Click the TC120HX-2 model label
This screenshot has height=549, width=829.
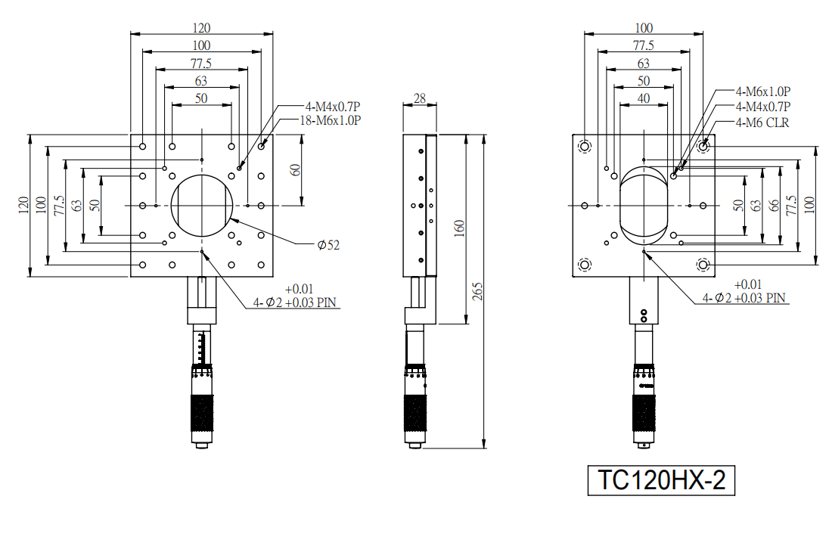pyautogui.click(x=661, y=480)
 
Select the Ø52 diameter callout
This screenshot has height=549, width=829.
pyautogui.click(x=328, y=245)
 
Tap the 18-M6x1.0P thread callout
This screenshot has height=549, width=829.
pyautogui.click(x=331, y=120)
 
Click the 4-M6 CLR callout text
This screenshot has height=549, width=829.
pyautogui.click(x=762, y=123)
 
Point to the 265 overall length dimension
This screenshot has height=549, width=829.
pyautogui.click(x=477, y=291)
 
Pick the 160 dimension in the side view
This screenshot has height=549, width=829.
pyautogui.click(x=459, y=228)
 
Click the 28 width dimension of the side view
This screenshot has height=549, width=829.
pyautogui.click(x=420, y=98)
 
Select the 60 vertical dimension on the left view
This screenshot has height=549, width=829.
pyautogui.click(x=295, y=170)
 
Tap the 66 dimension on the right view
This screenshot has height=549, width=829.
pyautogui.click(x=774, y=206)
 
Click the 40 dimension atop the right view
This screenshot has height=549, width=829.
pyautogui.click(x=644, y=98)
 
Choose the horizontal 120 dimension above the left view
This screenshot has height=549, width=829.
pyautogui.click(x=201, y=28)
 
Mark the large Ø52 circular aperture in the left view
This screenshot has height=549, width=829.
pyautogui.click(x=201, y=175)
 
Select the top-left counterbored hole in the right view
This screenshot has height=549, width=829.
pyautogui.click(x=585, y=147)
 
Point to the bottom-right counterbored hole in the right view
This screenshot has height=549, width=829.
pyautogui.click(x=703, y=264)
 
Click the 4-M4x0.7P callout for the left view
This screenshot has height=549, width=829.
pyautogui.click(x=333, y=107)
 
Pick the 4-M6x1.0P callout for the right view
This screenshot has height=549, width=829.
pyautogui.click(x=763, y=91)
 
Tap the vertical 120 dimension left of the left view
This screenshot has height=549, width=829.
pyautogui.click(x=23, y=205)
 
